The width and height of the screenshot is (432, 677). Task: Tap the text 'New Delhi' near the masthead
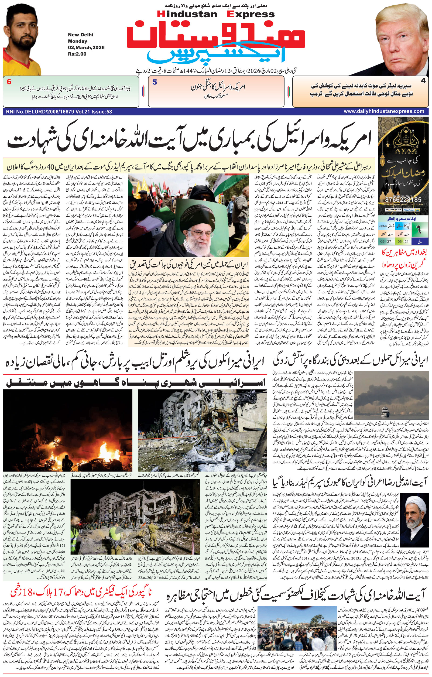80,35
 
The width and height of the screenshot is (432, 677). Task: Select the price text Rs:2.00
77,54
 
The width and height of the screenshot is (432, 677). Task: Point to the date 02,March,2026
86,47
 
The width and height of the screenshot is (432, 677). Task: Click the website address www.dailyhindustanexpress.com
384,111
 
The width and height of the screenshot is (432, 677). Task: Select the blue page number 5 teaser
155,82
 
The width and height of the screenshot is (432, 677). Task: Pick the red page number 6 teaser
9,82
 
